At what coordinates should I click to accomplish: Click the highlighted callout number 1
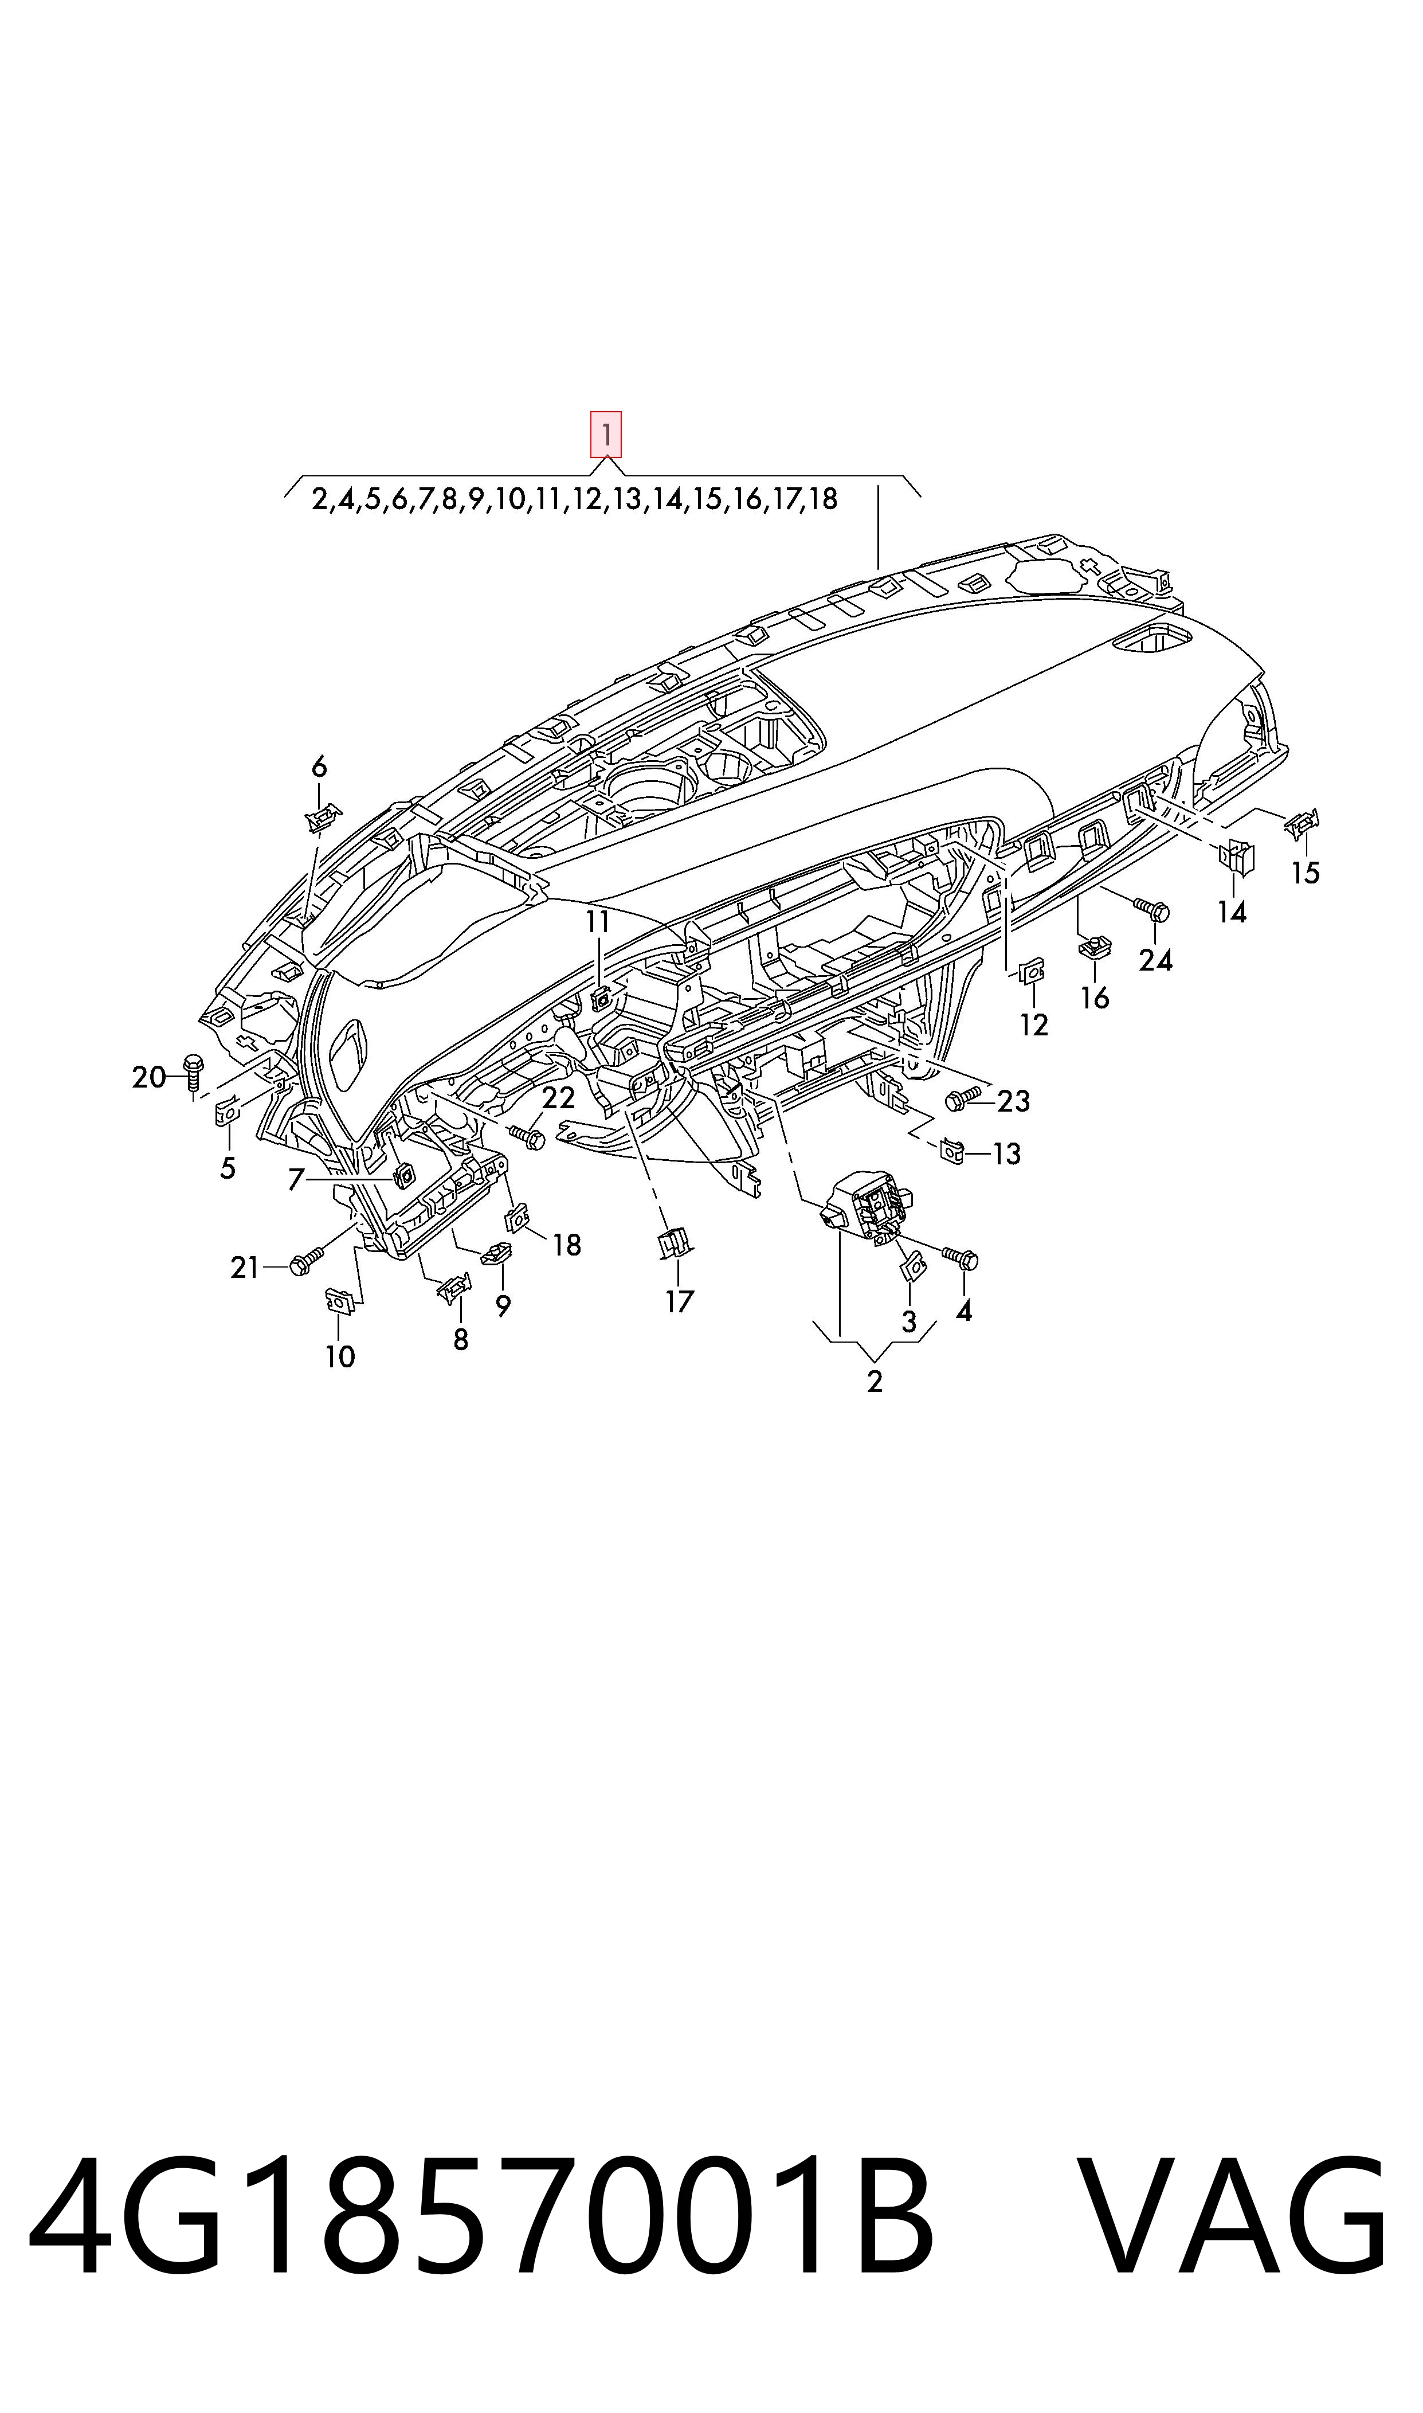606,435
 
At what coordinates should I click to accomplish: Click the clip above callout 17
676,1244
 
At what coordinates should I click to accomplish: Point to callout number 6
319,766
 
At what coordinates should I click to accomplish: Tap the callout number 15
1306,873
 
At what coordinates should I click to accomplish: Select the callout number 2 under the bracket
875,1382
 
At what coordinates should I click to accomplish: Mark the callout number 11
597,922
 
